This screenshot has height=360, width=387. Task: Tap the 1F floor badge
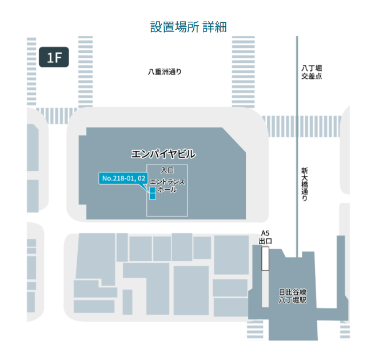click(x=54, y=57)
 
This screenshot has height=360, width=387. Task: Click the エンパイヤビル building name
click(x=163, y=154)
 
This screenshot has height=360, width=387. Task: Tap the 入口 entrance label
click(x=167, y=170)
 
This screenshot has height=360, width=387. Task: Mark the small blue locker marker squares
click(x=153, y=193)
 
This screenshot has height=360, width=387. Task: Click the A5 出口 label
click(x=265, y=237)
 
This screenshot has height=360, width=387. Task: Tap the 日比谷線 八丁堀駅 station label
click(x=293, y=295)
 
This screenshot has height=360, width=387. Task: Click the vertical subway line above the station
click(x=297, y=143)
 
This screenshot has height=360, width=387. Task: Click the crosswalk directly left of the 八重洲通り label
click(x=85, y=71)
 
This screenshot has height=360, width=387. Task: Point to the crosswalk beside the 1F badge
click(x=33, y=71)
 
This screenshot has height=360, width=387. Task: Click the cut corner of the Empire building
click(x=234, y=139)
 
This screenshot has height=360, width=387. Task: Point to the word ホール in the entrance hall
click(x=167, y=189)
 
